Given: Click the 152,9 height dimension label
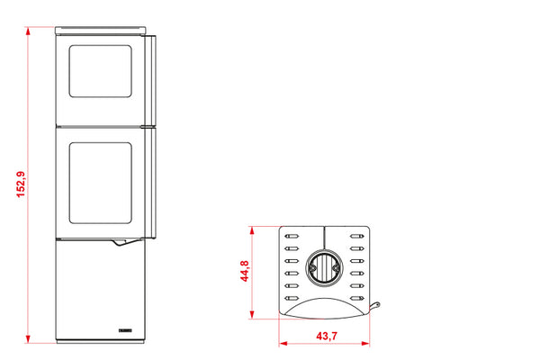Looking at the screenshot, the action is [21, 184].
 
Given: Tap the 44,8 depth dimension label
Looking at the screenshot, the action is [245, 271].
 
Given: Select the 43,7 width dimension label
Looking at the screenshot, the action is [327, 336].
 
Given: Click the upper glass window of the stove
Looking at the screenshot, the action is [100, 71].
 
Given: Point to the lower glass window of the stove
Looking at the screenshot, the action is [100, 183].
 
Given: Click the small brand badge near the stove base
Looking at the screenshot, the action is [125, 330].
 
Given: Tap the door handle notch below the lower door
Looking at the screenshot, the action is [121, 242].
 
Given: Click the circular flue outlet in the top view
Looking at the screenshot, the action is [324, 268].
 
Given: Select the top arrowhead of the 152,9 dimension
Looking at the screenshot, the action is [28, 31].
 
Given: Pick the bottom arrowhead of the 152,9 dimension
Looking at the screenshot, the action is [28, 339].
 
